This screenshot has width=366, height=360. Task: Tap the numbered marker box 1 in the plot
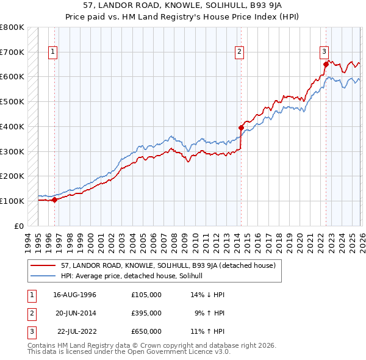54,52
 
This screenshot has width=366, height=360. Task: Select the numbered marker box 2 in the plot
240,52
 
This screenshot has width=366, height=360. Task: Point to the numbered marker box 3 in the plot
325,52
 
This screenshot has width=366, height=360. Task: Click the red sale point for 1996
54,199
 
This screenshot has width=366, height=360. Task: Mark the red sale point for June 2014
241,128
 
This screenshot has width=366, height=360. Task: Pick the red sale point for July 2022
325,63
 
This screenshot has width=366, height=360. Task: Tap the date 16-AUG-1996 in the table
74,295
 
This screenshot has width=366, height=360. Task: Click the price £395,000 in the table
146,313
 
